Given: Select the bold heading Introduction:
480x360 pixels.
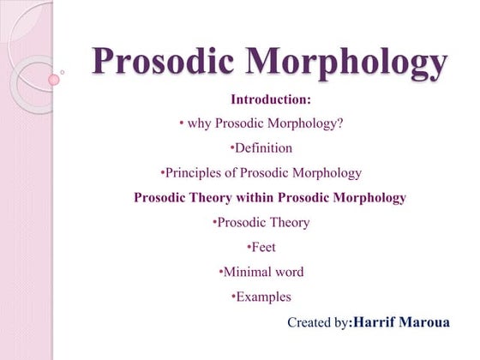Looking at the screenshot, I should (271, 100).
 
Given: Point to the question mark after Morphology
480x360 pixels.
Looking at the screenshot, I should (340, 124).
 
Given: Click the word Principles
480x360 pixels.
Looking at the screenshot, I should (195, 173).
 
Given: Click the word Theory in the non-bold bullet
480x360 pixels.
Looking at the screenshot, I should (290, 223).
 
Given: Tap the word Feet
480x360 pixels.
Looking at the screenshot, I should (264, 248).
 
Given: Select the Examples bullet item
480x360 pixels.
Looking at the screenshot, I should (263, 297).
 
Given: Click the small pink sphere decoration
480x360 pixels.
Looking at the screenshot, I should (54, 80).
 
